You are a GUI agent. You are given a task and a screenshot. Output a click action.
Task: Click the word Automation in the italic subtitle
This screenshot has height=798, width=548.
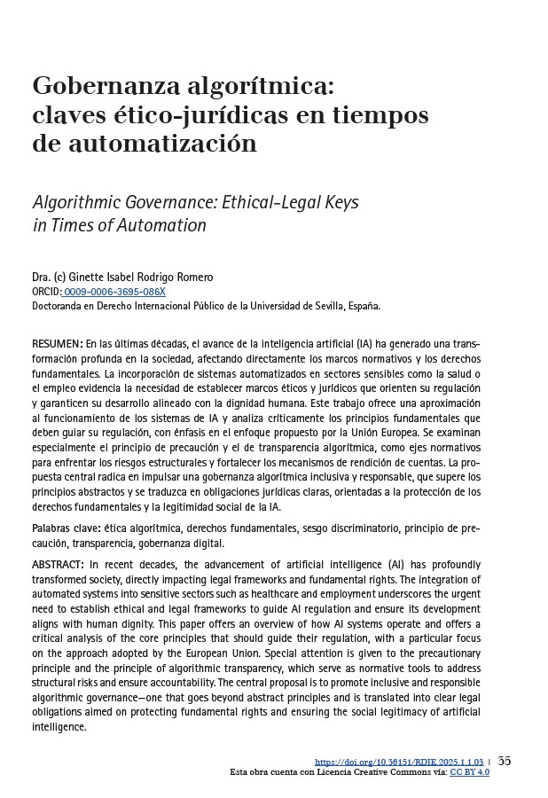(166, 225)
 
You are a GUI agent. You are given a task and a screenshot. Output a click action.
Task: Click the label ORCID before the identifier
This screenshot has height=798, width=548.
(46, 292)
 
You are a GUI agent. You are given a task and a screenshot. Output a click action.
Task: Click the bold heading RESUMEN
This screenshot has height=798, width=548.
(57, 342)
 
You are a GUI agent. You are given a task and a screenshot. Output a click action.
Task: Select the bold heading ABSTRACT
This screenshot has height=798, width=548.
(59, 565)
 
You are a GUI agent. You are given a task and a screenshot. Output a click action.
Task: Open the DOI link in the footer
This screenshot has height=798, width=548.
(399, 762)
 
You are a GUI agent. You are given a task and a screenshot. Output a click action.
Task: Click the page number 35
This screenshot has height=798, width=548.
(505, 761)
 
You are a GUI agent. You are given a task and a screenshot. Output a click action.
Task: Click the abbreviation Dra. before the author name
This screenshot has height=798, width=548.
(42, 278)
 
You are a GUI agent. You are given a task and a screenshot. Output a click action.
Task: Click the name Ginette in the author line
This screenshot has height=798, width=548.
(85, 278)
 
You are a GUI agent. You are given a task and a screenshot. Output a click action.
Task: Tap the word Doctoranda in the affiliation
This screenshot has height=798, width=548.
(59, 305)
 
